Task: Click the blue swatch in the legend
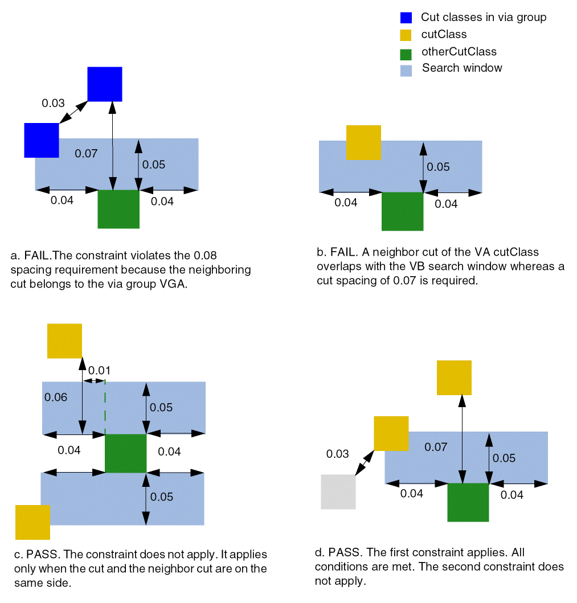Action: tap(406, 18)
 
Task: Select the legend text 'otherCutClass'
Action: tap(459, 52)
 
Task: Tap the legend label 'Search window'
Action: tap(462, 68)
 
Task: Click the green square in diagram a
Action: tap(118, 209)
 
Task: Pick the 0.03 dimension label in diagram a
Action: tap(54, 104)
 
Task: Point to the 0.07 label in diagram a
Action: tap(86, 153)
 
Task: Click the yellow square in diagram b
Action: tap(363, 142)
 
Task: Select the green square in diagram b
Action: tap(402, 211)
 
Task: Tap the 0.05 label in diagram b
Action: tap(438, 167)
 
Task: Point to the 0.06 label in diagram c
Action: tap(56, 397)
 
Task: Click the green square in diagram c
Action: tap(126, 453)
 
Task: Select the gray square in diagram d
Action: tap(338, 491)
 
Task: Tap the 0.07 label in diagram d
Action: tap(436, 448)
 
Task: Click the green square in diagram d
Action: tap(468, 502)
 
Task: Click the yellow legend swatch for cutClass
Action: tap(406, 35)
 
